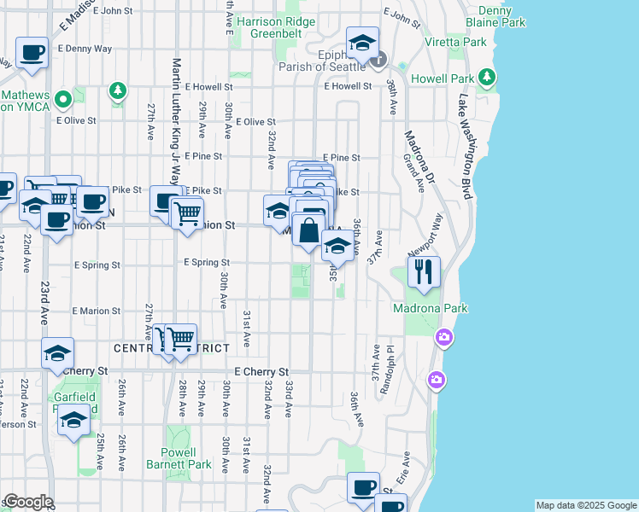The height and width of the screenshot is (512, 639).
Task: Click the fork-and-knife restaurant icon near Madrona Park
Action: [424, 271]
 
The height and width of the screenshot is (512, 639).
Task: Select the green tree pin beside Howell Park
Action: [487, 79]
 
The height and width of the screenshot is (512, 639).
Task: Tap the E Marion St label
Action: [97, 311]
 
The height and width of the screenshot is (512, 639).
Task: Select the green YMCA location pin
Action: [62, 101]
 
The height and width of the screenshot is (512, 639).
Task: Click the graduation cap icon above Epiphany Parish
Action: [362, 41]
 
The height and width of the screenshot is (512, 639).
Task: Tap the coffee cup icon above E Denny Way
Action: [32, 52]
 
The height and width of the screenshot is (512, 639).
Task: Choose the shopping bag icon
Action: [309, 230]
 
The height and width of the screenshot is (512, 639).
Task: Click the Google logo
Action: [27, 502]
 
